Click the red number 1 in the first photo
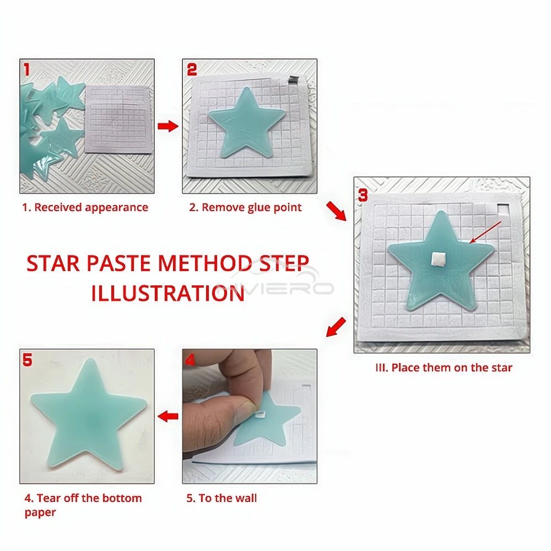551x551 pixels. click(x=26, y=69)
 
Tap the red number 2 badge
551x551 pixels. click(x=192, y=69)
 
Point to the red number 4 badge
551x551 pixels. click(x=190, y=360)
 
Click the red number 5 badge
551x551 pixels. click(x=28, y=360)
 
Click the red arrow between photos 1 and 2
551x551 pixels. click(x=168, y=127)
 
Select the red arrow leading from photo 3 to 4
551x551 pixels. click(x=336, y=327)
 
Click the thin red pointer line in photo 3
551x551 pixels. click(x=485, y=231)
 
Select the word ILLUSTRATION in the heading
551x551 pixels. click(x=168, y=293)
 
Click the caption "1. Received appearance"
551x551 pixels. click(x=85, y=208)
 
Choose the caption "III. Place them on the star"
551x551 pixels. click(x=443, y=368)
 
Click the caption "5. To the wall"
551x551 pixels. click(x=222, y=498)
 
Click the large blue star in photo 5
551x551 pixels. click(x=88, y=419)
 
